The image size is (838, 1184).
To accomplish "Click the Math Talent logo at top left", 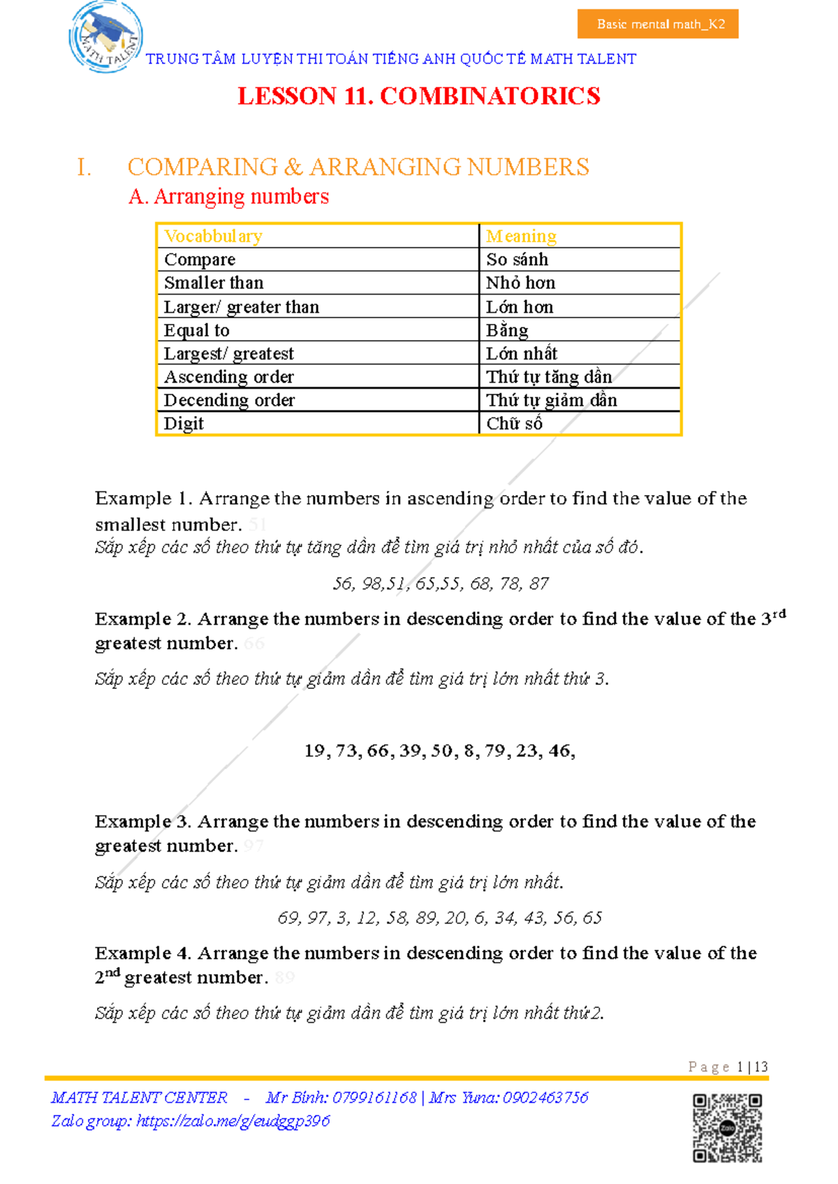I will point(106,36).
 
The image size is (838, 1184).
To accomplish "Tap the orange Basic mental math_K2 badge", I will point(658,24).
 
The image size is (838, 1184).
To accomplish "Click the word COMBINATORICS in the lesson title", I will point(490,96).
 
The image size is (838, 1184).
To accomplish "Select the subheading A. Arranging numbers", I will point(228,197).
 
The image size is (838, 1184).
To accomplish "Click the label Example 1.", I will point(143,498).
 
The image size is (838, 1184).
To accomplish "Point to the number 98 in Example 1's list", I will point(372,584).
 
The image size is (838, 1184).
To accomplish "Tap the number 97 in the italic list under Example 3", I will point(318,918).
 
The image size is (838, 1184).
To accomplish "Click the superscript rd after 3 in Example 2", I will point(779,614).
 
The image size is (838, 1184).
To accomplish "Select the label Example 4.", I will point(142,954).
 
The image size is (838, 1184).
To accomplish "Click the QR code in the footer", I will point(727,1127).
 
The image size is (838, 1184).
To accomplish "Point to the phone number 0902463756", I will point(545,1097).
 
